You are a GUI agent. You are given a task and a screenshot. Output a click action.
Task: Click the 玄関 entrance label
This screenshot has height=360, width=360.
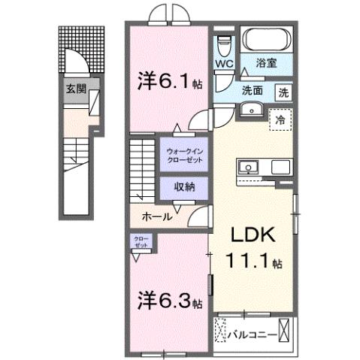pos(74,89)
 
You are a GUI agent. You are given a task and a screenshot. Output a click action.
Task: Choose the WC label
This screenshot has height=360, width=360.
pos(223,65)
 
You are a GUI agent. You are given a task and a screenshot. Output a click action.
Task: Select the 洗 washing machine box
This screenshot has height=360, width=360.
pos(284,93)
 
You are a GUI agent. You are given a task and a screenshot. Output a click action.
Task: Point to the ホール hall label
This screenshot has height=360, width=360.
pos(159,216)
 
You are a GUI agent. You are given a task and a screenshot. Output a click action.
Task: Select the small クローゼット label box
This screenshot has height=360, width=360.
pos(142,242)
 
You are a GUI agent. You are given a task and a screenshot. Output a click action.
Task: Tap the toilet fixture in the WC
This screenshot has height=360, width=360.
pos(223,44)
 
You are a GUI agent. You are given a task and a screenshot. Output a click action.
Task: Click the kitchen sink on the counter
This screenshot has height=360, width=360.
pos(249,165)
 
